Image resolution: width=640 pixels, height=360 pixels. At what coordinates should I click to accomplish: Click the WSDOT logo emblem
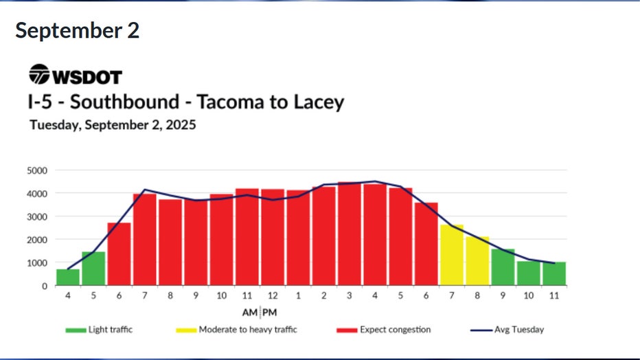[39, 74]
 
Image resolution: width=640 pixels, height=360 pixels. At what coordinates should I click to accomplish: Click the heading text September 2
[77, 31]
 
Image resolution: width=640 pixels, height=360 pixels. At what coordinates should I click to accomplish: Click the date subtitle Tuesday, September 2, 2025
[113, 125]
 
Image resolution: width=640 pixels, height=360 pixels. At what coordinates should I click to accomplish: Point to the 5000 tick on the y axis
[37, 170]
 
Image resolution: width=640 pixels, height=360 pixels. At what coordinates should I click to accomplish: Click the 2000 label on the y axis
[37, 240]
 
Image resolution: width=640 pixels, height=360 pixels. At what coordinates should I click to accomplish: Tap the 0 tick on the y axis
[44, 286]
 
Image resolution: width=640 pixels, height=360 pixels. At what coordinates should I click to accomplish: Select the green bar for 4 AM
[68, 277]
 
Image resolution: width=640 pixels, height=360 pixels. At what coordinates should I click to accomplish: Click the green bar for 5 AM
[93, 268]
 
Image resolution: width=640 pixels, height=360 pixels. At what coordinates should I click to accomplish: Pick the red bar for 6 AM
[119, 254]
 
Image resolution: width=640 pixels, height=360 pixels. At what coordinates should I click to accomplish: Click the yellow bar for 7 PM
[451, 255]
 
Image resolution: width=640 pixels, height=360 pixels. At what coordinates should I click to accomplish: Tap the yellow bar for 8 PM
[477, 261]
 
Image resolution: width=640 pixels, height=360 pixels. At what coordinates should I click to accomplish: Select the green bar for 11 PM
[554, 273]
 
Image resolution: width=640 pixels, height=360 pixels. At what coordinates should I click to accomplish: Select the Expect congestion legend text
[395, 330]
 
